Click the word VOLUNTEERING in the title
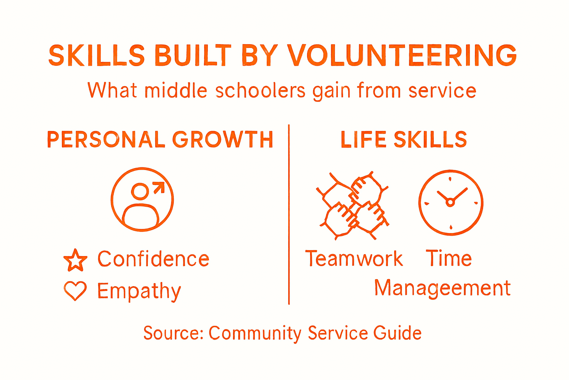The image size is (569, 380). [402, 56]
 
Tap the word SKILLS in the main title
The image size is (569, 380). [96, 56]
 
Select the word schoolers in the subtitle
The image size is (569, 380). [260, 91]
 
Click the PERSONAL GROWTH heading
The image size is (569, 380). [160, 140]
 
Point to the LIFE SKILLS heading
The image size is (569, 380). [404, 140]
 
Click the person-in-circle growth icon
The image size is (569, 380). [142, 200]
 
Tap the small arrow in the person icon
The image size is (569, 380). [159, 188]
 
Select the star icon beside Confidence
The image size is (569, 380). [75, 259]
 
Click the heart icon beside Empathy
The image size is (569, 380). [75, 291]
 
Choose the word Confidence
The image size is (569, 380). [153, 259]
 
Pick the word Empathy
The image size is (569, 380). [139, 291]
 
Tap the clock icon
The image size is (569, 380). [450, 202]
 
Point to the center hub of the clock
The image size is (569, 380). [450, 202]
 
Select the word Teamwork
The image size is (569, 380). [354, 259]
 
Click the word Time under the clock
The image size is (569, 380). [449, 258]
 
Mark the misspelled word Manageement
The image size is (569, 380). [442, 288]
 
